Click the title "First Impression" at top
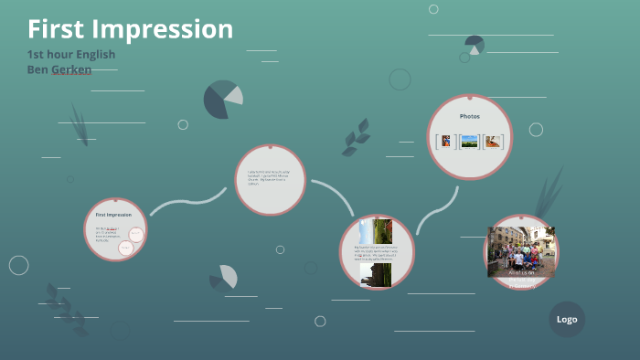[130, 29]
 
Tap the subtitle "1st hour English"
[71, 55]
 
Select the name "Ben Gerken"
[59, 69]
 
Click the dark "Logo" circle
[567, 319]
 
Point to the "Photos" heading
[469, 116]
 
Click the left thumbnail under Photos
[445, 142]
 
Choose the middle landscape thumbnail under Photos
[469, 142]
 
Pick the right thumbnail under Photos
[493, 142]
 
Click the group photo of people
[521, 249]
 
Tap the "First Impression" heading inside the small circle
[113, 215]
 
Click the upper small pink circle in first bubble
[135, 234]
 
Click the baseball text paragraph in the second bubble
[266, 178]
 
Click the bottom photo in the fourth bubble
[376, 275]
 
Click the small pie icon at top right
[474, 44]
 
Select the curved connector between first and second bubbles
[187, 202]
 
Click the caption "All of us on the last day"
[521, 272]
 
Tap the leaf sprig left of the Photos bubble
[356, 137]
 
